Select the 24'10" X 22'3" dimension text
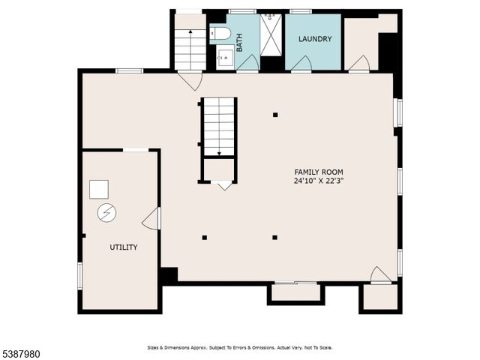(319, 181)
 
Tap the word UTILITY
(124, 247)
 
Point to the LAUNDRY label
(314, 39)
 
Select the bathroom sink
(223, 56)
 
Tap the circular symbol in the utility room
(106, 214)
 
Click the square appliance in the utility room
(99, 189)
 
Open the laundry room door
(301, 64)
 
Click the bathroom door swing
(247, 64)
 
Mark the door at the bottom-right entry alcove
(381, 275)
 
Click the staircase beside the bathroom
(190, 49)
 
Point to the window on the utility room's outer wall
(79, 274)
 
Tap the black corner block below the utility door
(169, 275)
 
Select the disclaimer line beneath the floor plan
(238, 347)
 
